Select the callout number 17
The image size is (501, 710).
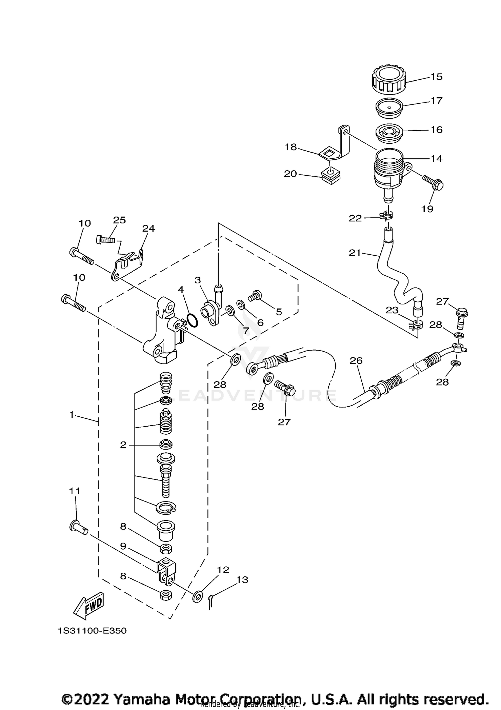pyautogui.click(x=436, y=101)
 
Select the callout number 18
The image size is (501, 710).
pyautogui.click(x=291, y=147)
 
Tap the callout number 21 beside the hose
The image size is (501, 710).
pyautogui.click(x=355, y=253)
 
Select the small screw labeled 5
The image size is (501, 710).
pyautogui.click(x=255, y=295)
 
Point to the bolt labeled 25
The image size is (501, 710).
pyautogui.click(x=106, y=240)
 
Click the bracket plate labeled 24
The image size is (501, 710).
pyautogui.click(x=129, y=263)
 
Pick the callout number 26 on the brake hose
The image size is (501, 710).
pyautogui.click(x=356, y=361)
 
